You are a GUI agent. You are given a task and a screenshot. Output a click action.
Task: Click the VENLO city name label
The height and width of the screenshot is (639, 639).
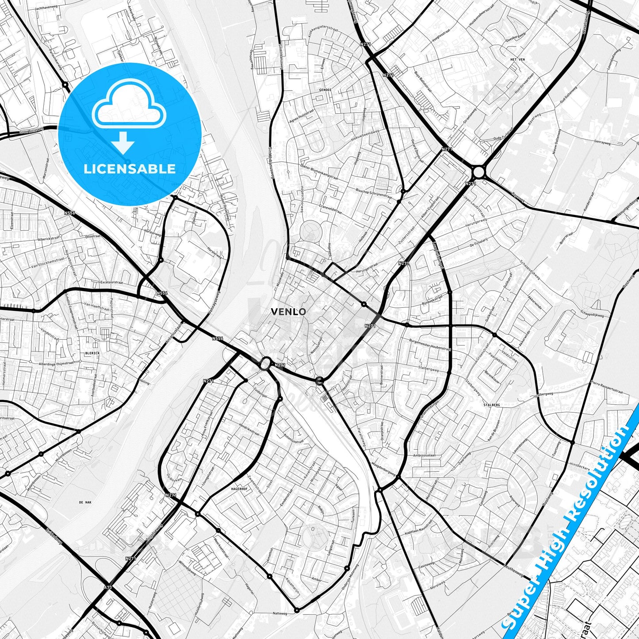click(288, 311)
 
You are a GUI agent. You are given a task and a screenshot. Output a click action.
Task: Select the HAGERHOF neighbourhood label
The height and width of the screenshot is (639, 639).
click(241, 489)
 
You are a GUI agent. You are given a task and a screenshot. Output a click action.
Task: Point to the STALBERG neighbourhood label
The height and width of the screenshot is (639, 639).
click(492, 405)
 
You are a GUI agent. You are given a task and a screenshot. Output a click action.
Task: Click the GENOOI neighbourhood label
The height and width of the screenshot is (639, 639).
click(325, 89)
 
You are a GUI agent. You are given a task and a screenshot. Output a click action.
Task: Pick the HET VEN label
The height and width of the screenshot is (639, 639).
click(517, 59)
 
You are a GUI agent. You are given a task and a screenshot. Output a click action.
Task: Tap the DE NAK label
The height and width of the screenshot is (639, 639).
click(84, 503)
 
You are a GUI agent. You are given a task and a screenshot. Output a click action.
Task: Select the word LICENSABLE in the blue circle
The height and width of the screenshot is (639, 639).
click(130, 168)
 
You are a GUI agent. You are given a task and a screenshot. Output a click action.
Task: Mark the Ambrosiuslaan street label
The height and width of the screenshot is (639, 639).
click(424, 455)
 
